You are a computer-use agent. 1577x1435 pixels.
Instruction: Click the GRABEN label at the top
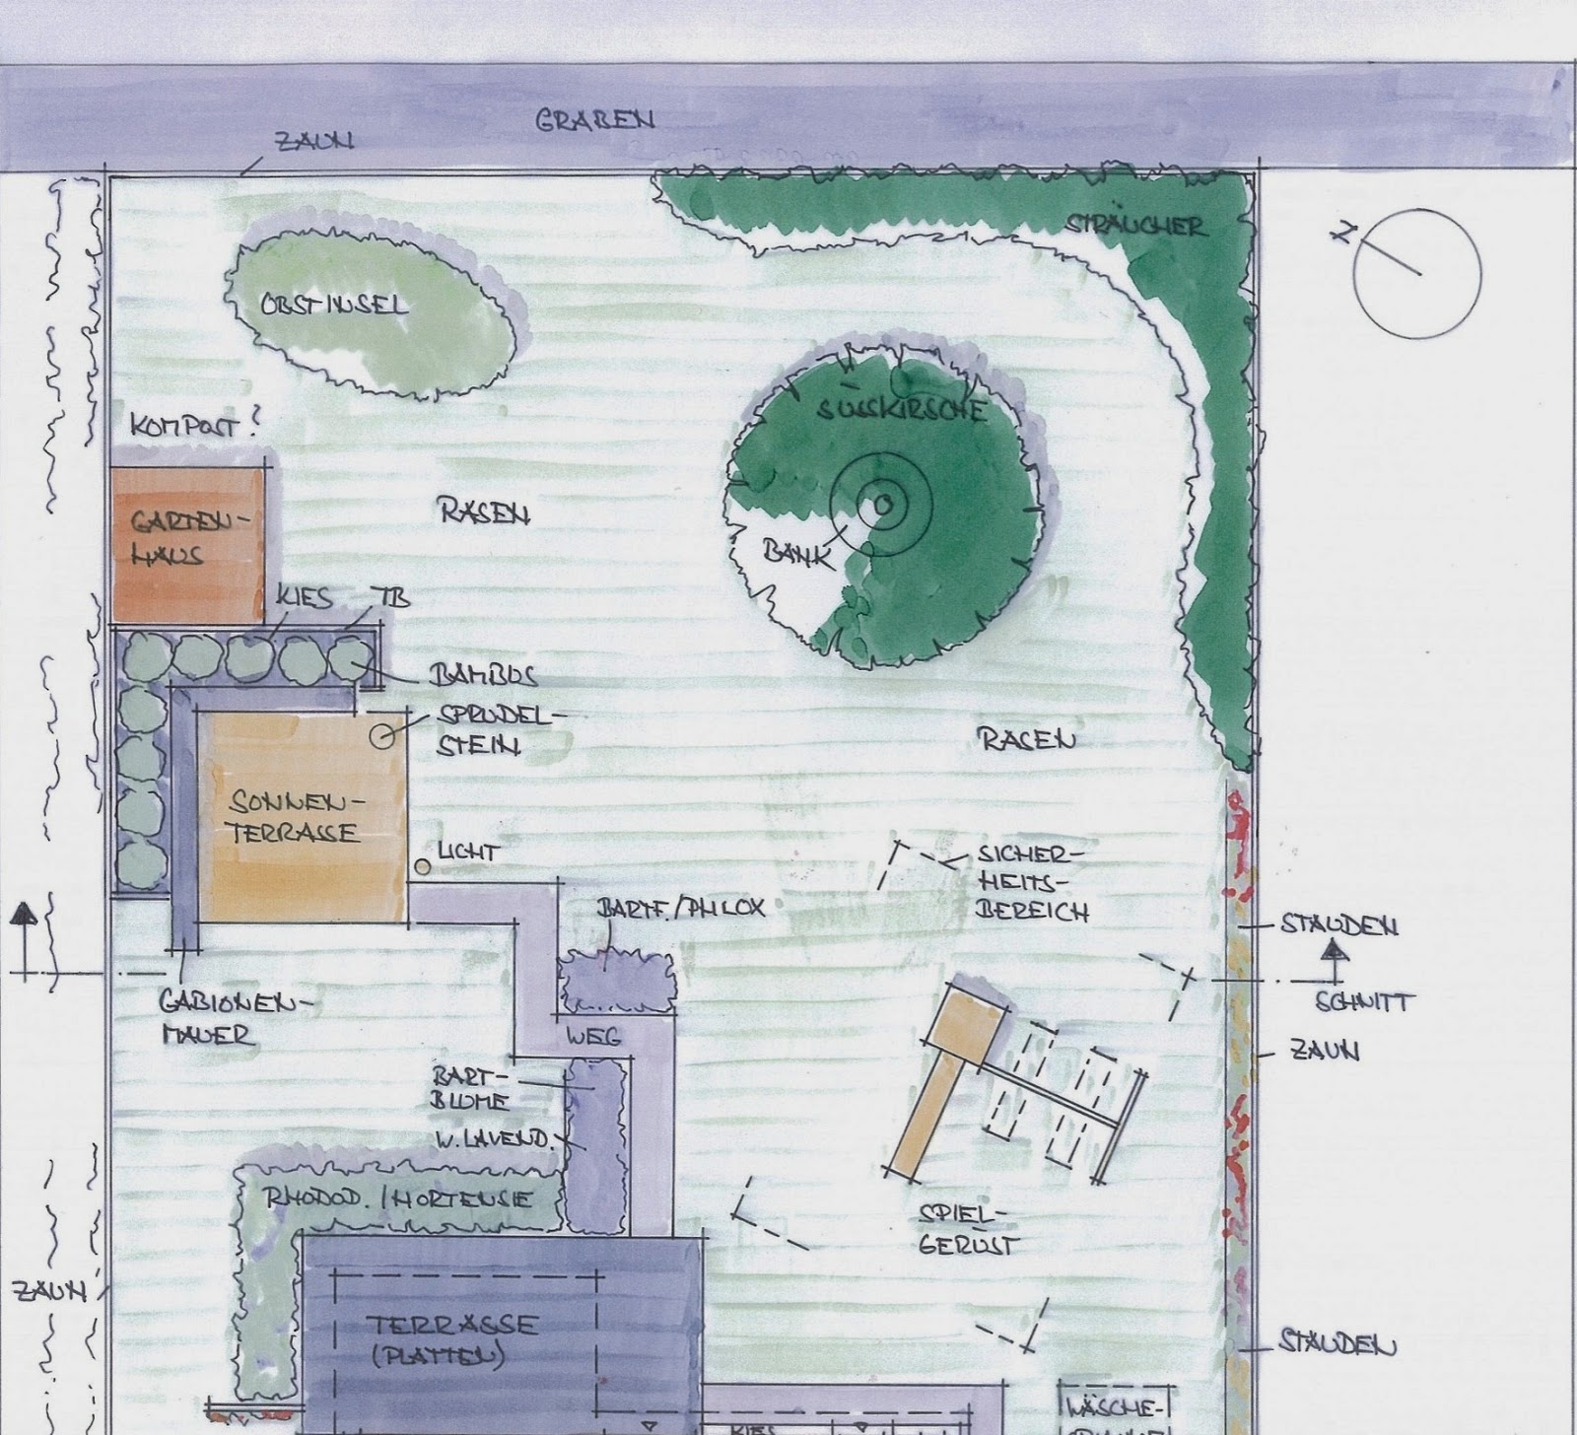pyautogui.click(x=594, y=120)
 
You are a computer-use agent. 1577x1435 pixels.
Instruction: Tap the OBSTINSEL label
pyautogui.click(x=333, y=305)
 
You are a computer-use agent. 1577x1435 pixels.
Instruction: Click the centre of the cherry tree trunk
pyautogui.click(x=882, y=505)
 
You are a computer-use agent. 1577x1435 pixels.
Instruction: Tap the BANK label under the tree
pyautogui.click(x=796, y=553)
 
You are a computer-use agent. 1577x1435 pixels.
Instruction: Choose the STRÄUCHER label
pyautogui.click(x=1133, y=226)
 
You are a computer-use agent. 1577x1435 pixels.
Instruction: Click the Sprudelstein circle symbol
pyautogui.click(x=382, y=734)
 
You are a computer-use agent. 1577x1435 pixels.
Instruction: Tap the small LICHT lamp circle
pyautogui.click(x=422, y=867)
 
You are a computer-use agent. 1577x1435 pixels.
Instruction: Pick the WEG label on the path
pyautogui.click(x=592, y=1037)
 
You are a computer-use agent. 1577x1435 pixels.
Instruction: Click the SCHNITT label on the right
pyautogui.click(x=1364, y=1003)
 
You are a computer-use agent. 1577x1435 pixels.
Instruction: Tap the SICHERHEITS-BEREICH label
pyautogui.click(x=1033, y=882)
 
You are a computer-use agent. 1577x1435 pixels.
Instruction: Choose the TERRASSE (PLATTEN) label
pyautogui.click(x=453, y=1338)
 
